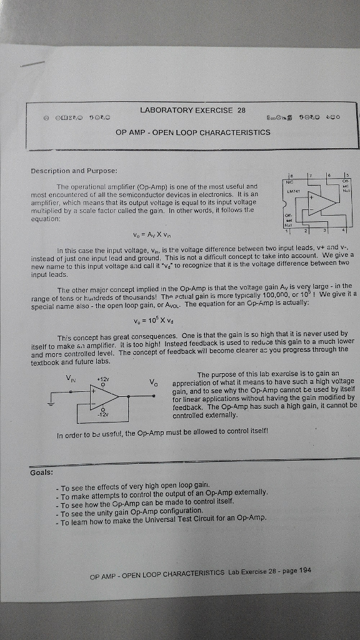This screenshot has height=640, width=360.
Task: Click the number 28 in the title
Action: [241, 110]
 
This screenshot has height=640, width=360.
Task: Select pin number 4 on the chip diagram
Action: [344, 232]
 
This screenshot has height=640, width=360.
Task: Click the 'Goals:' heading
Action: [41, 472]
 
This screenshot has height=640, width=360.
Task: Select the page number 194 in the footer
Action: [305, 570]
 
